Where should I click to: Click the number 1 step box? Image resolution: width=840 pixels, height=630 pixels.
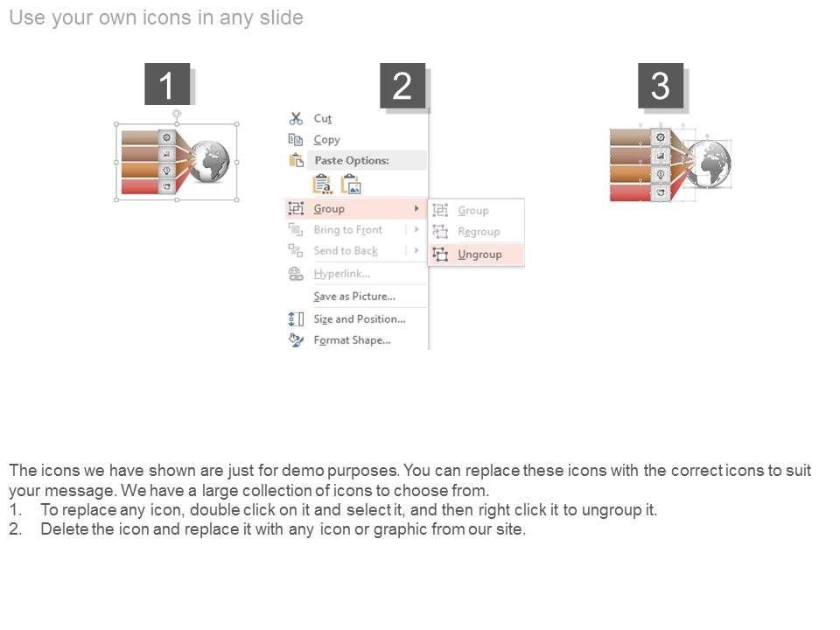click(x=167, y=84)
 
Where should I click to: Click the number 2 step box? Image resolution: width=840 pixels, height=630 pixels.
click(x=402, y=86)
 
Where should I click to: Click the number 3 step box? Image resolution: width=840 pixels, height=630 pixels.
click(x=661, y=86)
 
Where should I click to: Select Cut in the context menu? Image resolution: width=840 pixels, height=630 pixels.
click(x=323, y=118)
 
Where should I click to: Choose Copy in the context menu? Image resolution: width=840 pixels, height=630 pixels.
click(x=326, y=140)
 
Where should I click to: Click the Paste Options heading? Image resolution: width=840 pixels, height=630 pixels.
click(x=352, y=160)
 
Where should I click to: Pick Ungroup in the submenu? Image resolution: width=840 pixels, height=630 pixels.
click(x=479, y=255)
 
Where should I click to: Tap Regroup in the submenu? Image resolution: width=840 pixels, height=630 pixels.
click(x=479, y=231)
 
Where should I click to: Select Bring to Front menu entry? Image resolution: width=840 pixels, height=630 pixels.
click(x=348, y=230)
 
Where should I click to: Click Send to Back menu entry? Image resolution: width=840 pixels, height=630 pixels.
click(x=346, y=251)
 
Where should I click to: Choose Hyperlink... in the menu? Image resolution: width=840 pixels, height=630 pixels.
click(x=342, y=274)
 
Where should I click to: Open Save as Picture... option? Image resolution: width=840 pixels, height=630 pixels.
click(x=354, y=297)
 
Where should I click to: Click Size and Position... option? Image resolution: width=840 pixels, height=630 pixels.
click(x=360, y=319)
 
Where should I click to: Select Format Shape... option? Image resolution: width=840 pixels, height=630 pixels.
click(x=352, y=340)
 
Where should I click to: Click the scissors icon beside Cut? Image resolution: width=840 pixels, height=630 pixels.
click(x=296, y=118)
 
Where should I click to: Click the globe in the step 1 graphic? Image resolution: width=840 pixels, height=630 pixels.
click(x=209, y=161)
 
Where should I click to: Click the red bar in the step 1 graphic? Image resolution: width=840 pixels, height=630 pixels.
click(x=140, y=186)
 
